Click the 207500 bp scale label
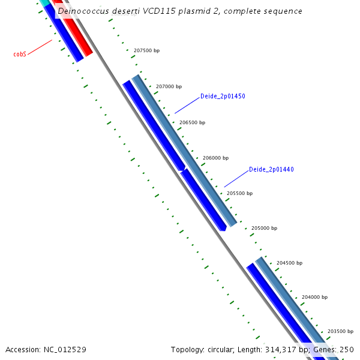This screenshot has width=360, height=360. (x=146, y=51)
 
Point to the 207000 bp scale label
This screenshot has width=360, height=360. (x=169, y=87)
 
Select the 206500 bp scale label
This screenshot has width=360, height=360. (x=192, y=122)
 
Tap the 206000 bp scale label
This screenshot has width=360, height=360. (x=215, y=158)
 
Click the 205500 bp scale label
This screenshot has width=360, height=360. (x=239, y=194)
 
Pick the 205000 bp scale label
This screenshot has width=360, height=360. (x=264, y=229)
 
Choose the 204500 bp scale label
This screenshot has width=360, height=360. (x=289, y=263)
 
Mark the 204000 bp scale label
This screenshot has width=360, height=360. (x=314, y=298)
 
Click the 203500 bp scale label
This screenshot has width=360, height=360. (x=340, y=331)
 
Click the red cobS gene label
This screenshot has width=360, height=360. (x=20, y=54)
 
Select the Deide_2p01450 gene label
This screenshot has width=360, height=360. (x=223, y=97)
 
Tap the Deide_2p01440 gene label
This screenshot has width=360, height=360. (x=271, y=170)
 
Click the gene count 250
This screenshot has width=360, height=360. (x=347, y=349)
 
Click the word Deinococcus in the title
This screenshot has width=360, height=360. (x=84, y=11)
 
